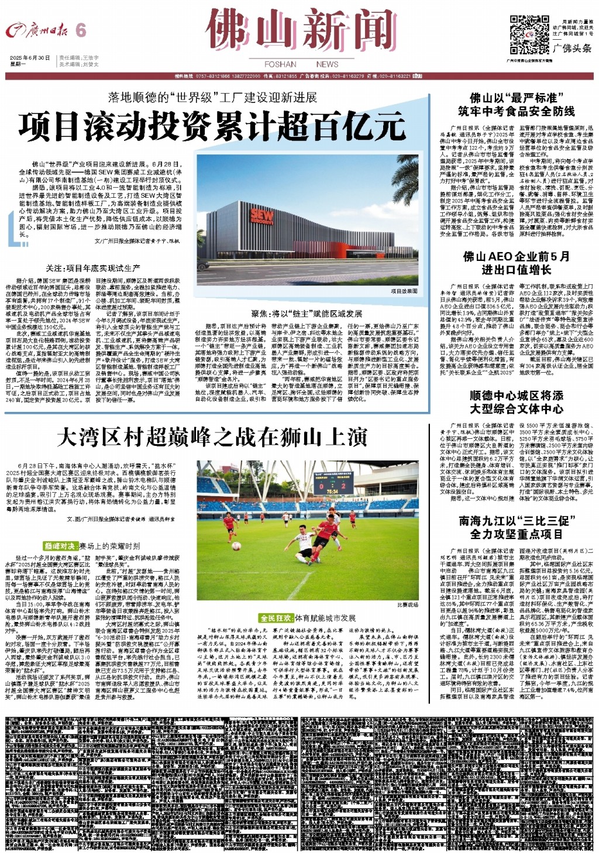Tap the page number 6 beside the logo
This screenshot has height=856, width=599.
click(81, 30)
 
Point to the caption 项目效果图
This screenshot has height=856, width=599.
click(404, 291)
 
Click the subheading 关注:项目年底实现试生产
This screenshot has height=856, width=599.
click(93, 268)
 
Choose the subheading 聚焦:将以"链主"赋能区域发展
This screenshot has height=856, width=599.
click(307, 314)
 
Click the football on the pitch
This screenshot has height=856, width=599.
click(236, 546)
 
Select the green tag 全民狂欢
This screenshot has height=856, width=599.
click(276, 618)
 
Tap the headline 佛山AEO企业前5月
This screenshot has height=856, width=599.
click(516, 256)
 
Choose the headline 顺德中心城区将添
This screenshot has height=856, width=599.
click(516, 396)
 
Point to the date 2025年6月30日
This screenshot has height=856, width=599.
click(30, 58)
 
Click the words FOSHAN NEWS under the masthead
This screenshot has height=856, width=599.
click(301, 64)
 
